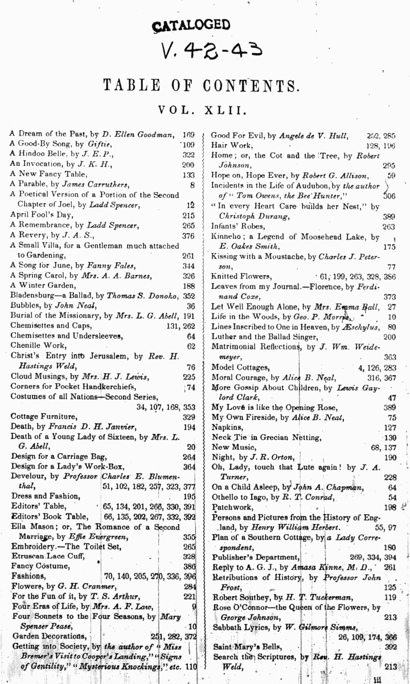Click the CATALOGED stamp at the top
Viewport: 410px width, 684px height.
tap(191, 25)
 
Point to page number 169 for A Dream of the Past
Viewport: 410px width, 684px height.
tap(188, 135)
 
